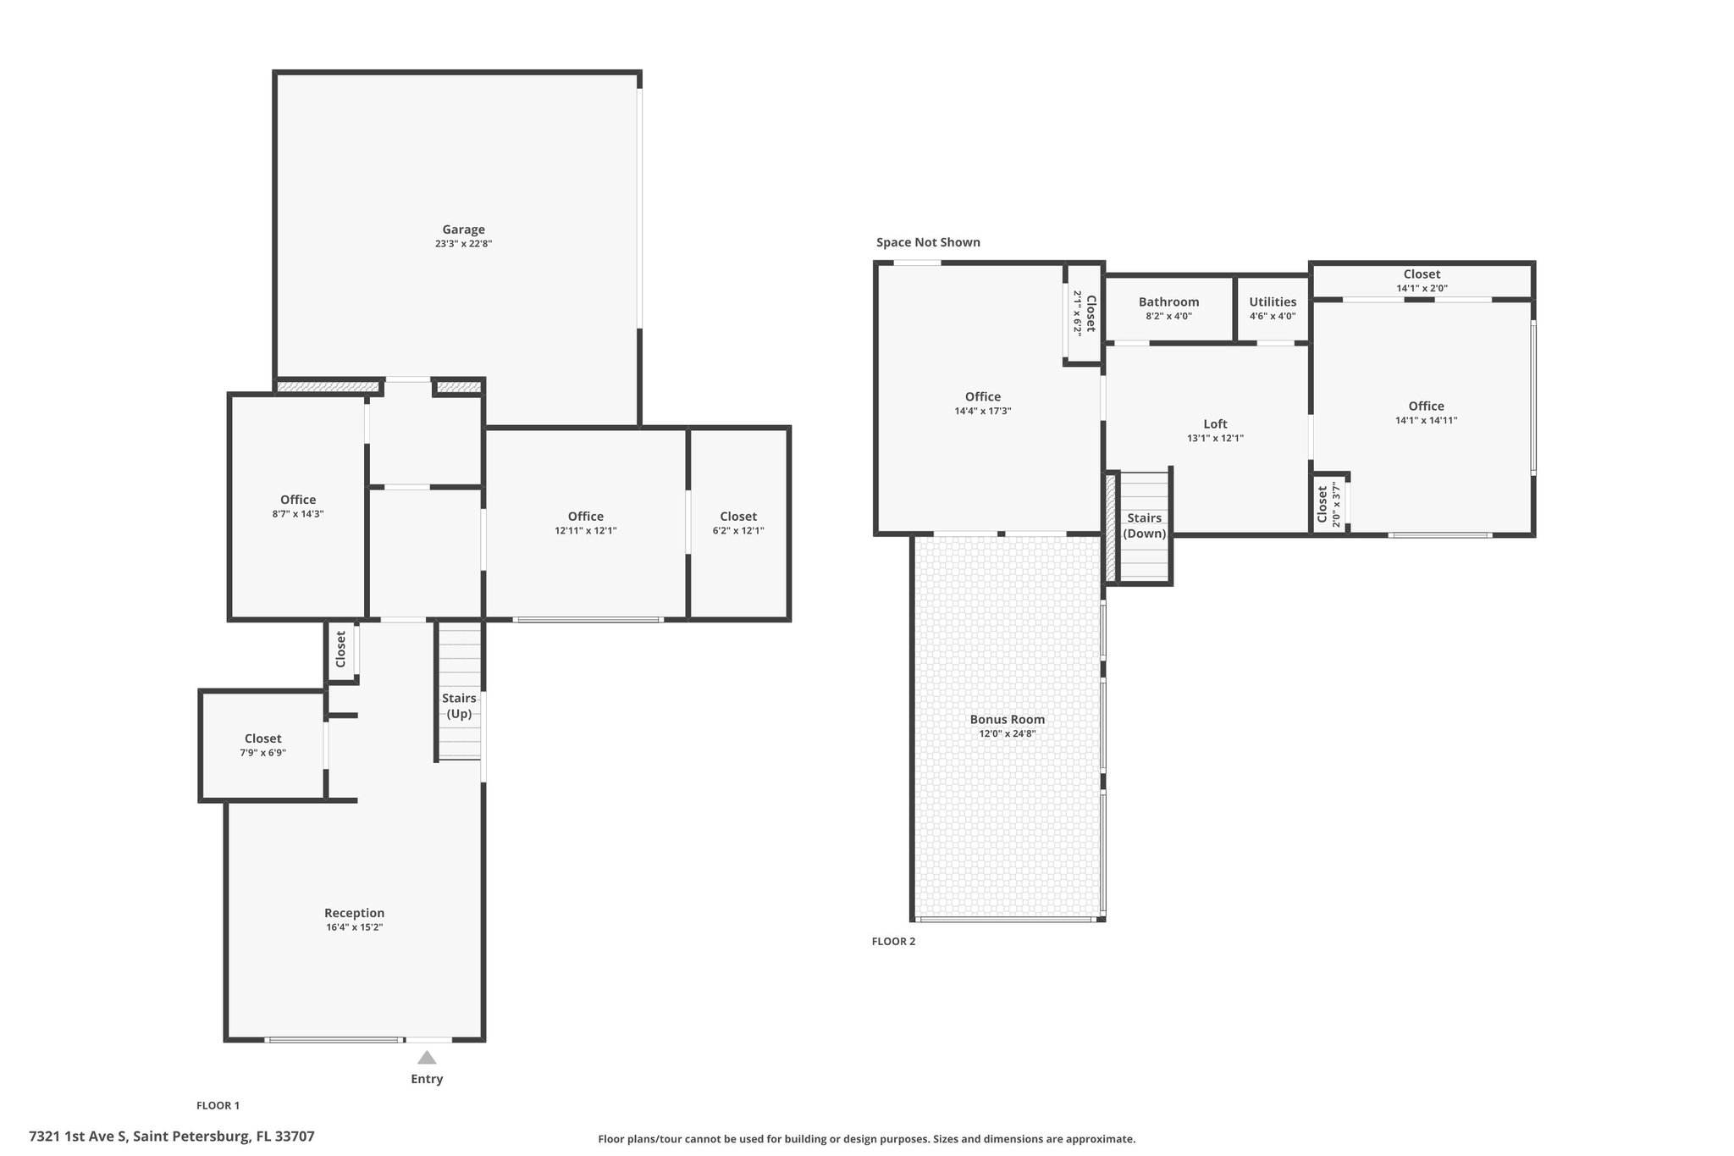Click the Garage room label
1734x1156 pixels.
pyautogui.click(x=463, y=230)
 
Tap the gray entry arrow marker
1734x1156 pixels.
pyautogui.click(x=427, y=1057)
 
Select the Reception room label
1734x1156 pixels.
pyautogui.click(x=355, y=913)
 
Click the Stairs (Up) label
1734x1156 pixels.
pyautogui.click(x=459, y=705)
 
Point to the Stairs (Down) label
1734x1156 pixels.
pyautogui.click(x=1145, y=526)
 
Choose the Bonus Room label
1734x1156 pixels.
pyautogui.click(x=1008, y=720)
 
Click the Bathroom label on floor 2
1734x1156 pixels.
pyautogui.click(x=1168, y=302)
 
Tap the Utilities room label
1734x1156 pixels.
pyautogui.click(x=1273, y=302)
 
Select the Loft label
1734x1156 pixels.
pyautogui.click(x=1215, y=424)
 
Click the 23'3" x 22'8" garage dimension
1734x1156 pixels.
pyautogui.click(x=463, y=244)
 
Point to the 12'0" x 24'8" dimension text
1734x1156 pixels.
pyautogui.click(x=1008, y=734)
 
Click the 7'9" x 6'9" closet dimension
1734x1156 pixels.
pyautogui.click(x=263, y=753)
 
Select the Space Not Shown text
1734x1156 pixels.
pyautogui.click(x=928, y=242)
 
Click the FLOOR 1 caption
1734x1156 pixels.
pyautogui.click(x=218, y=1105)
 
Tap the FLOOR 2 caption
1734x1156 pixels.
pyautogui.click(x=893, y=941)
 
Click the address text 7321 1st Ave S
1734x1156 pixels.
pyautogui.click(x=78, y=1137)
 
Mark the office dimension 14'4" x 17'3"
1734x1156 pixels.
pyautogui.click(x=983, y=412)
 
